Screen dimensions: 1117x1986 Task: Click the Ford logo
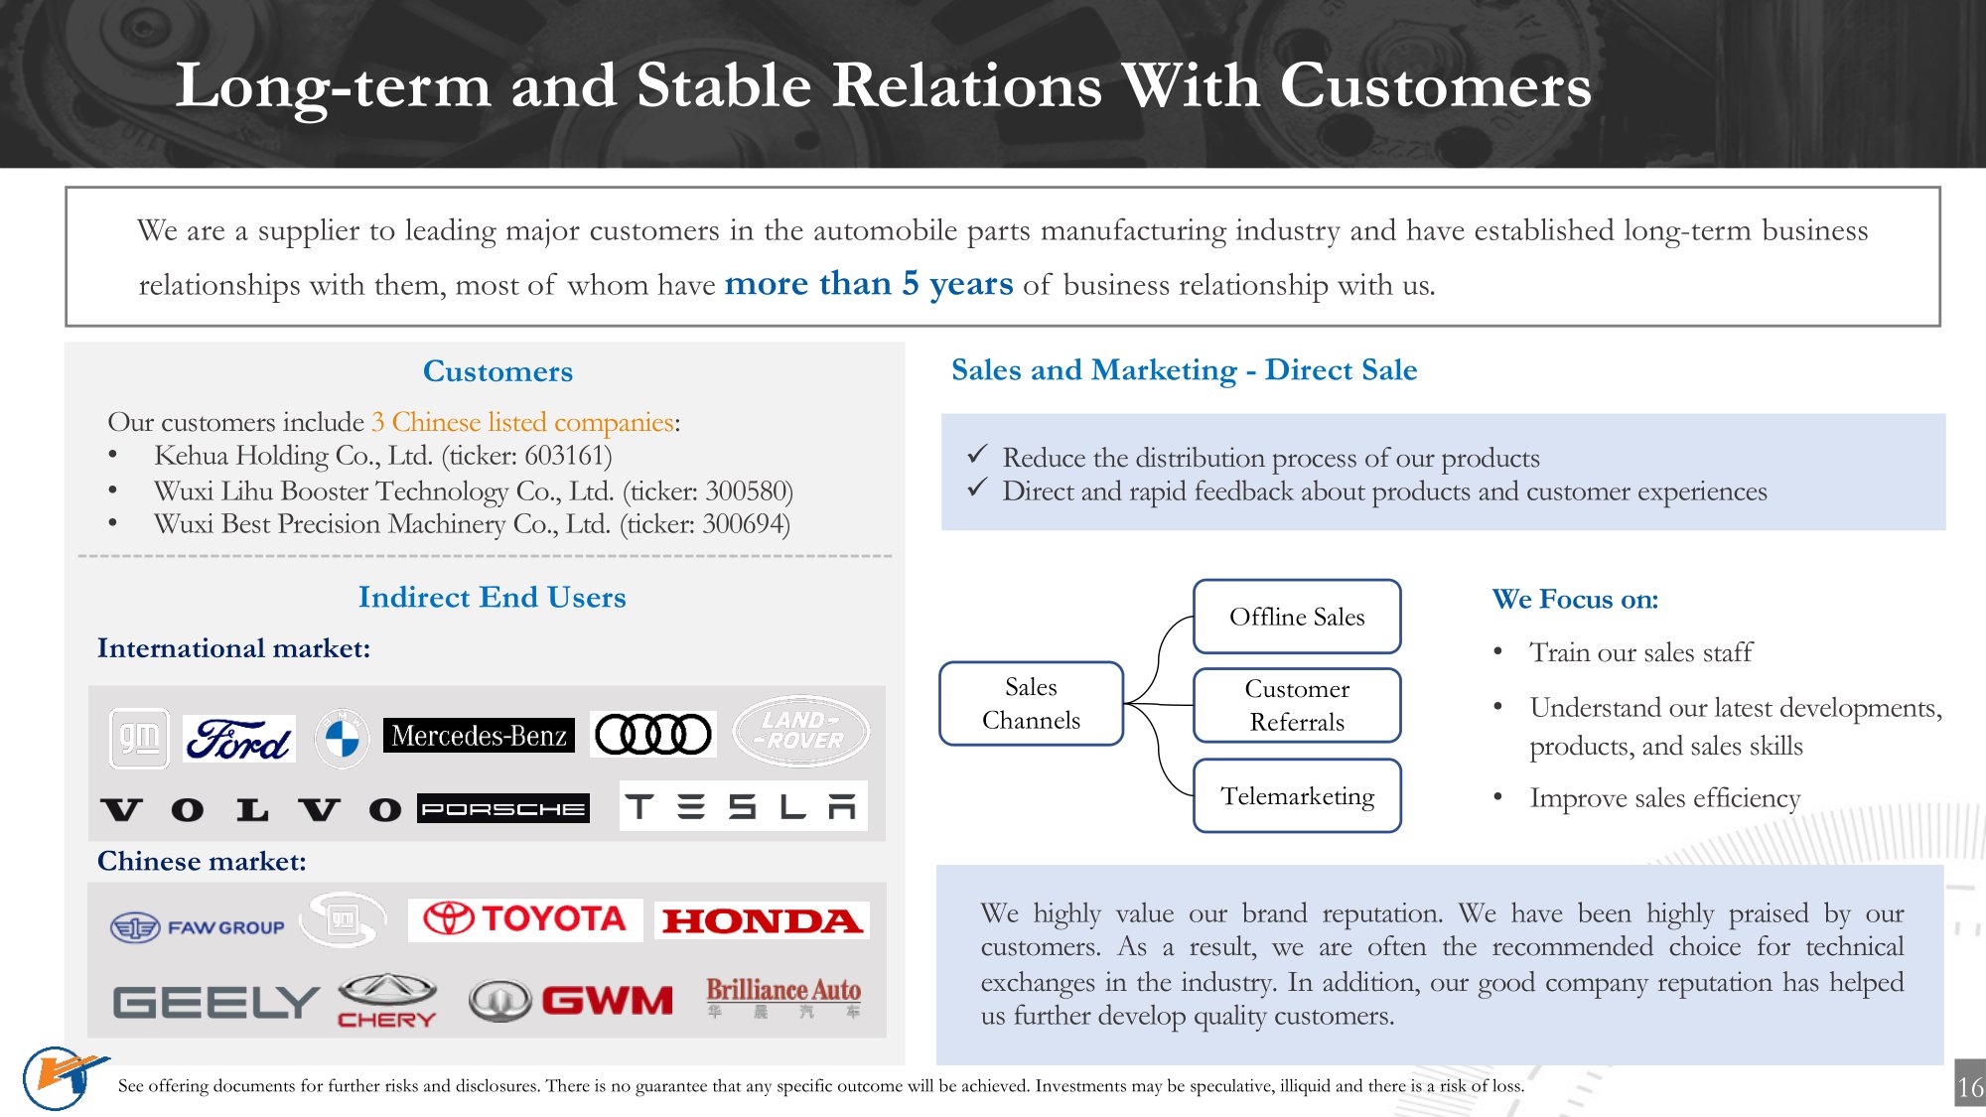point(239,739)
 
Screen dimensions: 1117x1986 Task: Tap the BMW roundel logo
point(342,738)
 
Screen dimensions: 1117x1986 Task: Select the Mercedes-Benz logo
point(479,736)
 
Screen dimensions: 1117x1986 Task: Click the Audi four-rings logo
point(652,735)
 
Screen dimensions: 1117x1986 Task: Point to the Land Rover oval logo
point(800,731)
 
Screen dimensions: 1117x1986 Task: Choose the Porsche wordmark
point(502,808)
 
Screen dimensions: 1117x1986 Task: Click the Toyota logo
point(525,918)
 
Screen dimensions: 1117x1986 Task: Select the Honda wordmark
point(762,921)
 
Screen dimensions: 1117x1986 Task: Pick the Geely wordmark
point(215,1003)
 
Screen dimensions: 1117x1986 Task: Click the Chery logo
point(387,1000)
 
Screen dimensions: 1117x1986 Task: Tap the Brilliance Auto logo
point(783,997)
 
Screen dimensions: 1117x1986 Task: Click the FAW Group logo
point(198,927)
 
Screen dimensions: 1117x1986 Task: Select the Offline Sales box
point(1297,617)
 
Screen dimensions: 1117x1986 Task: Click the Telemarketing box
point(1297,796)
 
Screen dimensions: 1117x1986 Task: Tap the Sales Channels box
point(1031,703)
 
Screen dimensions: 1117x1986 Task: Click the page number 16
point(1970,1087)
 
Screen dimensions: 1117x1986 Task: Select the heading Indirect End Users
point(492,597)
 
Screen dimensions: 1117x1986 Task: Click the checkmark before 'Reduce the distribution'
point(977,455)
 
